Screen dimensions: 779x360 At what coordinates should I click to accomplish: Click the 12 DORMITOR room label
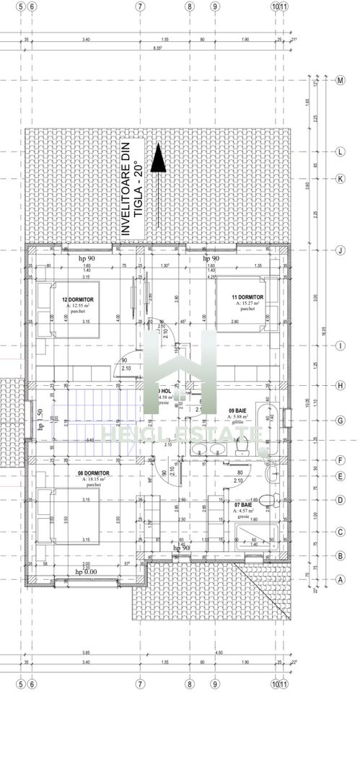coord(79,299)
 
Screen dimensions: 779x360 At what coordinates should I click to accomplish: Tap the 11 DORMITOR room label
coord(247,297)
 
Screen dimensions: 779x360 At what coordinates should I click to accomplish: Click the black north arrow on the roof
coord(158,157)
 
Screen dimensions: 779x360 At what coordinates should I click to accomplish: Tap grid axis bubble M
coord(340,80)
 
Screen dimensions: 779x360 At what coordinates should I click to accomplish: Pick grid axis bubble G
coord(340,420)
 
